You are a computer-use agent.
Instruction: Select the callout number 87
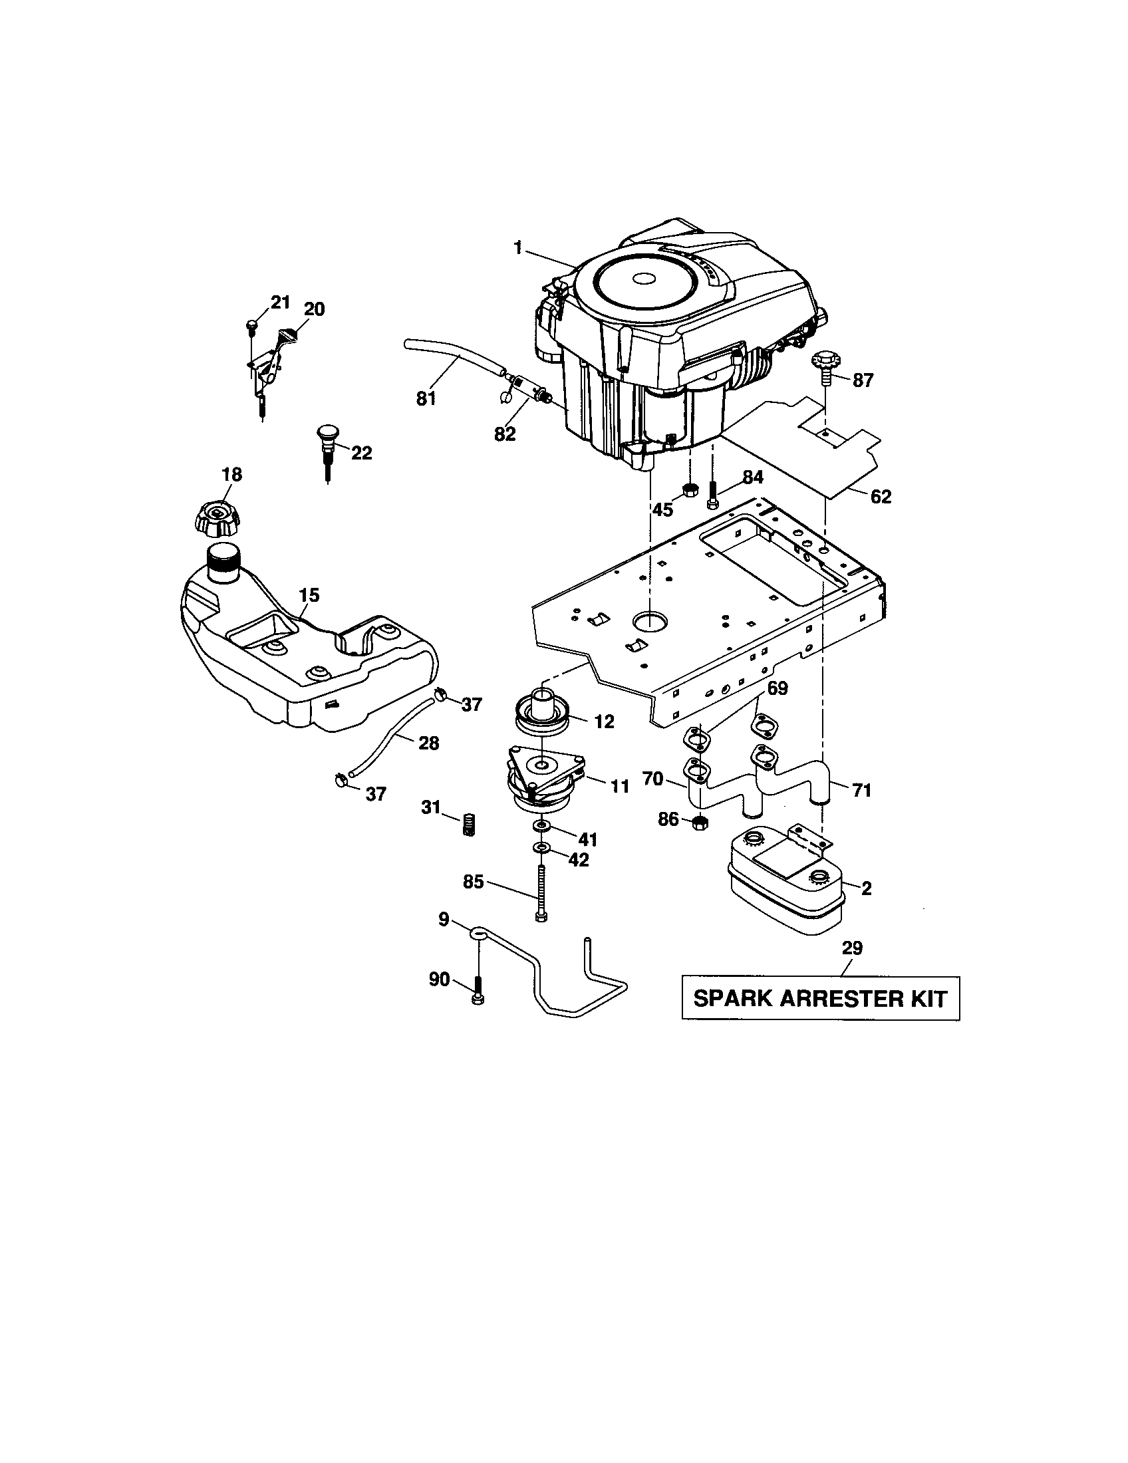[x=863, y=380]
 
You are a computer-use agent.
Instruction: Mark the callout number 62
[x=881, y=496]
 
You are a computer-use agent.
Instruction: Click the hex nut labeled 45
[x=689, y=490]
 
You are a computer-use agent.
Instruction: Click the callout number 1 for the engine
[x=517, y=248]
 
